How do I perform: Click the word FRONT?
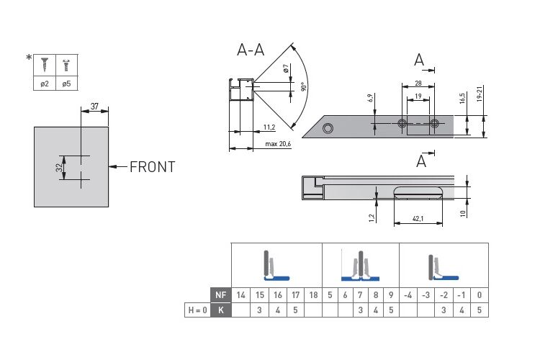pos(152,167)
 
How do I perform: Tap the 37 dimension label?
pos(94,107)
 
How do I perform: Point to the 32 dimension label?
pos(60,168)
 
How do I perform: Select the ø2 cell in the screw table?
pos(45,84)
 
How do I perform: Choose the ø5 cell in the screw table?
pos(67,84)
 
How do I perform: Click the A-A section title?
pos(251,50)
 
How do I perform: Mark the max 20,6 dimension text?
pos(278,144)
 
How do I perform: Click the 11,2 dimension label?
pos(269,127)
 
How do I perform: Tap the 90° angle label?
pos(303,86)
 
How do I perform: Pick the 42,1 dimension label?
pos(418,218)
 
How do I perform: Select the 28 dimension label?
pos(418,83)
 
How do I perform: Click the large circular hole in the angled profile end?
pos(328,129)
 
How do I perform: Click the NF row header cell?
pos(221,295)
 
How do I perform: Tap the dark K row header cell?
pos(221,310)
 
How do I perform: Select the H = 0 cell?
pos(198,310)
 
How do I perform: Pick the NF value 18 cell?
pos(313,295)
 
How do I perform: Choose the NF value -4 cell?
pos(408,295)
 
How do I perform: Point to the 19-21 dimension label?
pos(480,94)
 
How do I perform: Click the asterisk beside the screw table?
pos(29,58)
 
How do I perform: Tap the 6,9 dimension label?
pos(370,98)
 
